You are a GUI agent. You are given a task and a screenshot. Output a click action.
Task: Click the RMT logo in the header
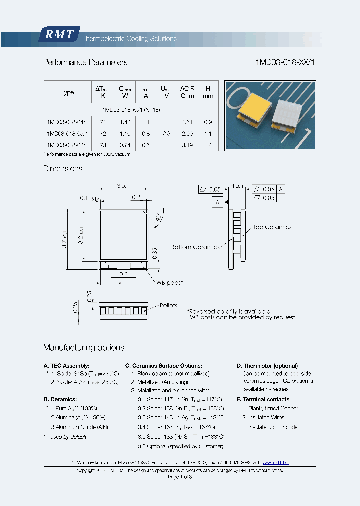pyautogui.click(x=59, y=35)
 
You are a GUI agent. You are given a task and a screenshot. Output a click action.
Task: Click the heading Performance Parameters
pyautogui.click(x=85, y=62)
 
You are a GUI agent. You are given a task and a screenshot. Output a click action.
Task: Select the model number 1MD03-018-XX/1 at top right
pyautogui.click(x=285, y=62)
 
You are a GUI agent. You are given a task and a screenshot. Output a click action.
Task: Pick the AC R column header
pyautogui.click(x=187, y=92)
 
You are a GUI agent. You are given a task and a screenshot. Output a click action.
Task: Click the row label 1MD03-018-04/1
pyautogui.click(x=67, y=122)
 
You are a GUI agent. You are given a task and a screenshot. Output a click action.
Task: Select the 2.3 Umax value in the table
pyautogui.click(x=166, y=134)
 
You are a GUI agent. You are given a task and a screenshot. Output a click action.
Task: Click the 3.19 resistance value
pyautogui.click(x=187, y=145)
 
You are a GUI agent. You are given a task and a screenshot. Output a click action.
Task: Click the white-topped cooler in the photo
pyautogui.click(x=289, y=114)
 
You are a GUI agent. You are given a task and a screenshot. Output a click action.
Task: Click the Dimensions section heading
pyautogui.click(x=63, y=169)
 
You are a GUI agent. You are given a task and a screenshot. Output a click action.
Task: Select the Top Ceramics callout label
pyautogui.click(x=272, y=227)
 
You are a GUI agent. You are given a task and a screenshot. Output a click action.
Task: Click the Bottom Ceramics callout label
pyautogui.click(x=195, y=247)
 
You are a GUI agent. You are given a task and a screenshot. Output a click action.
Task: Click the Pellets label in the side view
pyautogui.click(x=168, y=305)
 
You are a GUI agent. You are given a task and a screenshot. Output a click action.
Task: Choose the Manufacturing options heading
pyautogui.click(x=84, y=347)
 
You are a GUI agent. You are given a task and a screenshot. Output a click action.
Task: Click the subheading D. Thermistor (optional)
pyautogui.click(x=267, y=366)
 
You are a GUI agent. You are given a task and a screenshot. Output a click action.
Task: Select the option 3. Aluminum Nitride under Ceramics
pyautogui.click(x=79, y=427)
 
